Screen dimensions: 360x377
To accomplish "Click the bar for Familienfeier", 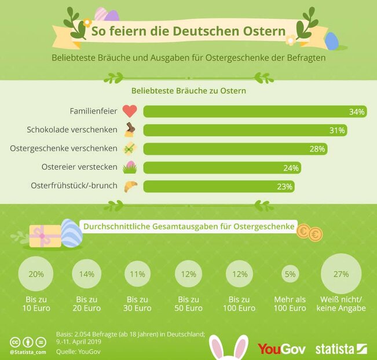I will tap(255, 112).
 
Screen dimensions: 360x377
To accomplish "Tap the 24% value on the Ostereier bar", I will tap(291, 168).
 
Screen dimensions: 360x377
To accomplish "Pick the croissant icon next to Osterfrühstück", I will tap(130, 186).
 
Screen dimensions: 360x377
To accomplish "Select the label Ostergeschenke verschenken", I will tap(64, 149).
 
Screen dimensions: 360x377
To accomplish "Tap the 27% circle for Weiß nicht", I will tap(341, 274).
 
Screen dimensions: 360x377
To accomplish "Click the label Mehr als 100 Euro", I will tap(290, 304).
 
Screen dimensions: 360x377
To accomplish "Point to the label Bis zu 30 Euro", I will tap(138, 304).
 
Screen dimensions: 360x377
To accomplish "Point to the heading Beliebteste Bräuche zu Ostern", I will tap(189, 91).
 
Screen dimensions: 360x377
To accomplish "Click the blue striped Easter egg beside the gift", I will tap(71, 233).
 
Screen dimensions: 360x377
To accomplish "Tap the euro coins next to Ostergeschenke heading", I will tap(309, 233).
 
